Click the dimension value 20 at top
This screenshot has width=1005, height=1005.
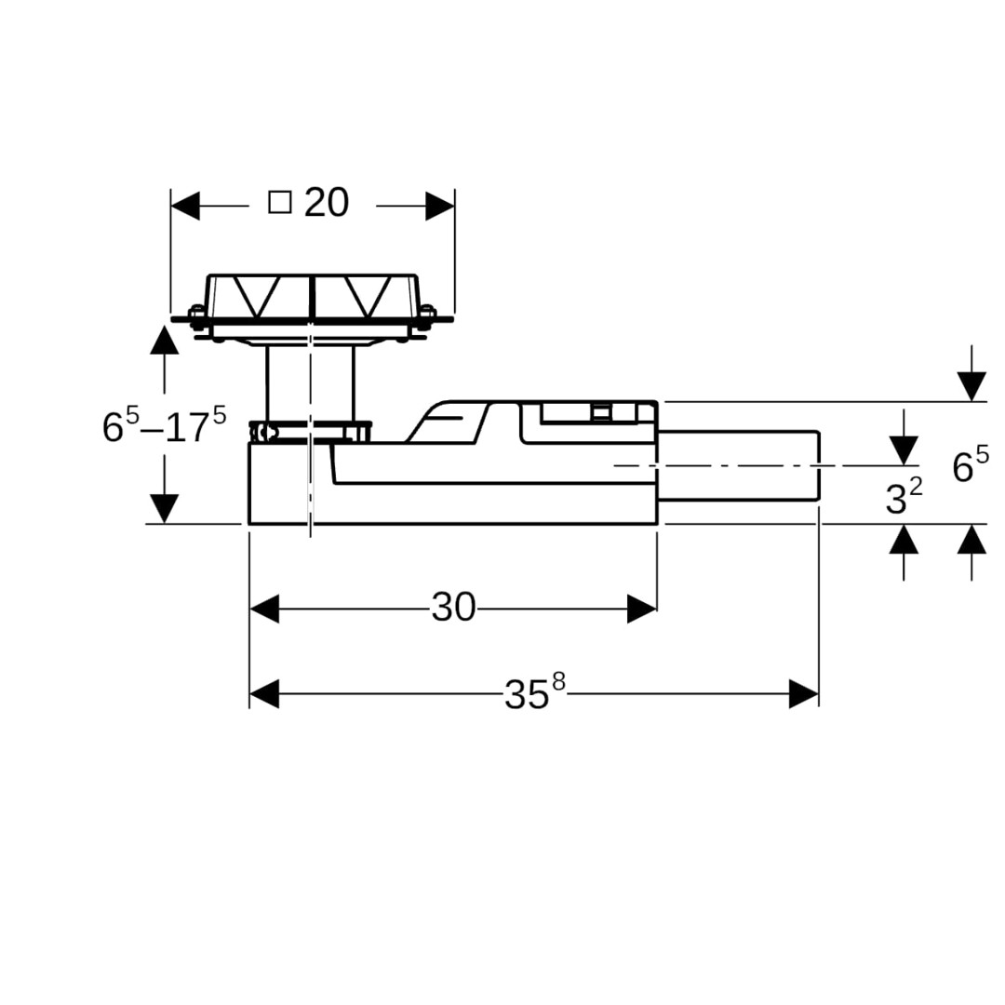click(327, 203)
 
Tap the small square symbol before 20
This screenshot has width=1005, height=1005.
click(280, 202)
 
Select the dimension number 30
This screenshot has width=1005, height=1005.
click(453, 609)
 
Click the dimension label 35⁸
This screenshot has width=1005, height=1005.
click(533, 692)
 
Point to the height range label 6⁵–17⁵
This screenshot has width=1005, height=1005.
click(164, 425)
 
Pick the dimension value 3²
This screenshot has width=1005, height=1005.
click(903, 499)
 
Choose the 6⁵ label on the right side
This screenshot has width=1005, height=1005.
click(970, 465)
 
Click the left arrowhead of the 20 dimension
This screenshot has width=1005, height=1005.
click(185, 206)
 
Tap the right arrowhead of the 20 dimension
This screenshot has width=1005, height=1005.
click(440, 206)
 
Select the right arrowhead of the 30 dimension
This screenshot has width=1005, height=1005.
click(642, 610)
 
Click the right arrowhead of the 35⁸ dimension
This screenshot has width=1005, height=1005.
click(804, 693)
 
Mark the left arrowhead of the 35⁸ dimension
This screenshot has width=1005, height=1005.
click(264, 693)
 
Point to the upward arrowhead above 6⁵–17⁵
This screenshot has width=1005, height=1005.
click(165, 340)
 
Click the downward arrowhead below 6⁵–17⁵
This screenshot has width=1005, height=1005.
click(165, 508)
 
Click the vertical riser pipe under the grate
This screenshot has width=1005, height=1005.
click(310, 382)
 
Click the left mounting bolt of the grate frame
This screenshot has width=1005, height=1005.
click(196, 316)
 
